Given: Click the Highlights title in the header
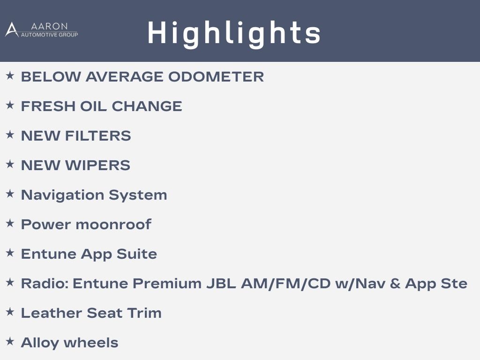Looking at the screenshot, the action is point(234,34).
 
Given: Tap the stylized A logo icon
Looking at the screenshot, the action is point(12,30).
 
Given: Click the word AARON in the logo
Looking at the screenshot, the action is point(49,26).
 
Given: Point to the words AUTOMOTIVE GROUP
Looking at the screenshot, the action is point(49,35).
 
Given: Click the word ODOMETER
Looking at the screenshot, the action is point(216,76).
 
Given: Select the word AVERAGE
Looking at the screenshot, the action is point(124,76).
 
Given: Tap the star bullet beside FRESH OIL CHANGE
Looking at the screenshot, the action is point(10,105).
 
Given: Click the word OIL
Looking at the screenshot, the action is point(93,106).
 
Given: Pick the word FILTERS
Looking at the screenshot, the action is point(98,135).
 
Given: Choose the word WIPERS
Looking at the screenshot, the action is point(98,165).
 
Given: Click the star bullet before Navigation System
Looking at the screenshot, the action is point(10,194).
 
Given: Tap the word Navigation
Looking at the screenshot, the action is point(62,195).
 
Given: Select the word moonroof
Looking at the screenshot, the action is point(113,225).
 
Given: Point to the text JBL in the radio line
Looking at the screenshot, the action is point(221,284).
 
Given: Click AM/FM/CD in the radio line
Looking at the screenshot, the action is point(286,284).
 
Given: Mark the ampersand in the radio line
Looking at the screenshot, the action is point(395,284).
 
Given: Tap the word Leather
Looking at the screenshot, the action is point(52,313).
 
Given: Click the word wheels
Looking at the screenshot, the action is point(91,343).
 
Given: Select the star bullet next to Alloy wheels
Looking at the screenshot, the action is point(10,341).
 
